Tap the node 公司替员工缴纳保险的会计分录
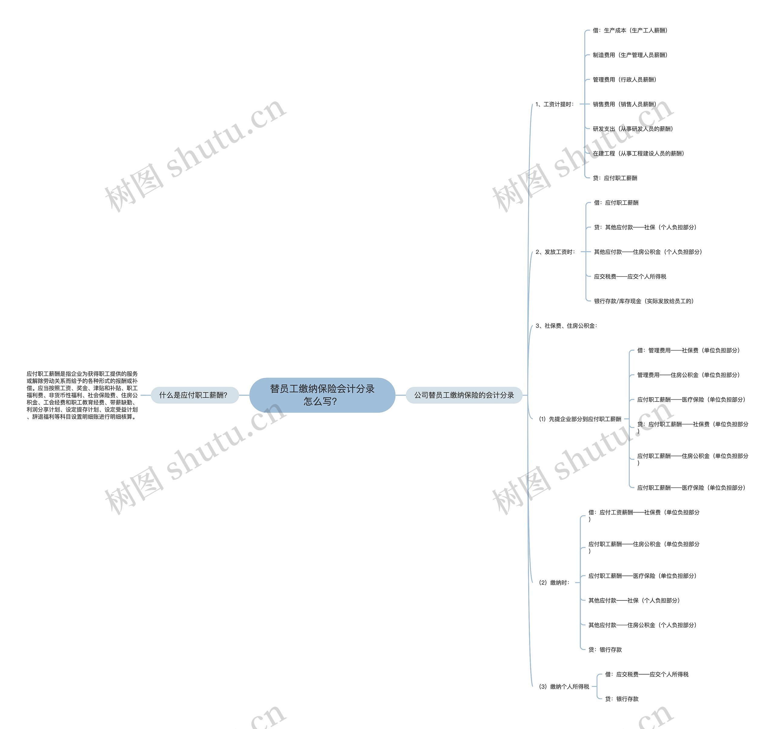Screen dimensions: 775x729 coord(464,395)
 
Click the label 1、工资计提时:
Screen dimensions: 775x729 coord(554,104)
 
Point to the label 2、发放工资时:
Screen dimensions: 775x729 coord(555,252)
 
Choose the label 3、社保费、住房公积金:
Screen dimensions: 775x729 coord(566,326)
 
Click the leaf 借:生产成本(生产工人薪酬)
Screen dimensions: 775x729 coord(630,30)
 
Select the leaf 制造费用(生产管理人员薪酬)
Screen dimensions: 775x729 coord(630,55)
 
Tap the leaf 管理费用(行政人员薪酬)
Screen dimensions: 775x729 coord(625,80)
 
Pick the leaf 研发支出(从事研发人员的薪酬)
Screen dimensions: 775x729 coord(633,129)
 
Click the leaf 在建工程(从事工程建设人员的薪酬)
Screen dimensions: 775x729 coord(638,153)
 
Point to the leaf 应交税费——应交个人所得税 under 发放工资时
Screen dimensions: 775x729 coord(630,277)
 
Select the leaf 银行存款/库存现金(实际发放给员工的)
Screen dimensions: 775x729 coord(644,301)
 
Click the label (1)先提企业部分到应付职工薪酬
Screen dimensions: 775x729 coord(580,419)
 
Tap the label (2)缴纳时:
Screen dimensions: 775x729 coord(554,583)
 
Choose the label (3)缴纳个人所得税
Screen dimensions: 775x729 coord(564,687)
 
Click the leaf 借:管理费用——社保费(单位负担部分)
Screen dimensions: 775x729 coord(688,350)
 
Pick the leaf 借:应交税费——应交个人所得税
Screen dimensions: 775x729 coord(647,675)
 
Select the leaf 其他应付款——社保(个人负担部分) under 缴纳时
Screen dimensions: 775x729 coord(634,600)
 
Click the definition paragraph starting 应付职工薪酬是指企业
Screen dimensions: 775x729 coord(82,395)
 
